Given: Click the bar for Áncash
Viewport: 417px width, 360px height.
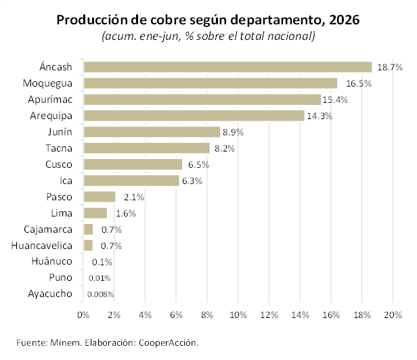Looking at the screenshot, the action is (x=228, y=67).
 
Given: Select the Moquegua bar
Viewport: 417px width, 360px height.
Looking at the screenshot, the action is (x=211, y=83).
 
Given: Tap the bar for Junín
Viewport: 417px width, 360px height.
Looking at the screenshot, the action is (x=152, y=132).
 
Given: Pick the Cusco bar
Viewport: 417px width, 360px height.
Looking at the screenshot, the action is (x=133, y=164).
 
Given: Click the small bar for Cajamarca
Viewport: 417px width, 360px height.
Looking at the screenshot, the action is (x=88, y=229).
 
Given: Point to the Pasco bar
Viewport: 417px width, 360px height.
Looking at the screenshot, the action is (x=100, y=197).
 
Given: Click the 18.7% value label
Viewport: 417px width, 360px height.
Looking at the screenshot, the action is (x=390, y=68).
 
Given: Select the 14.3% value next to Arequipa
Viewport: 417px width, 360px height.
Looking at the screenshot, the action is (x=320, y=116).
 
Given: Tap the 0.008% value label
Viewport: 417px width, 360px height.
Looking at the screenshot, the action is (x=100, y=294).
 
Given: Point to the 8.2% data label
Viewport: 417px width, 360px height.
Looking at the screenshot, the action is (x=225, y=149).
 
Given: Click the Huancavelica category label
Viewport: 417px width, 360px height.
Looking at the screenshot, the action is (x=42, y=246).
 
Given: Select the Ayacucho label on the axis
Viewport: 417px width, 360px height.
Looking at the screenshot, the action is (x=50, y=294).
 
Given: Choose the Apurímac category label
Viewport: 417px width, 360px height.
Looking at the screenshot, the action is (x=50, y=99).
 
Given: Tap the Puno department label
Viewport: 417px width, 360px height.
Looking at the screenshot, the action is (x=61, y=277).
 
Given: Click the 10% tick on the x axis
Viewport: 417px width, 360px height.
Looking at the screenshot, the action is (x=238, y=315).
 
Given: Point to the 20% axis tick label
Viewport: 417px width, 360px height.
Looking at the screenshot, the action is (x=393, y=315).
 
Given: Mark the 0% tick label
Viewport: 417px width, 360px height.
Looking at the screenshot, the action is (x=83, y=315).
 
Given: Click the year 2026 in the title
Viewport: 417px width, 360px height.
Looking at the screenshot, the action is (x=345, y=20).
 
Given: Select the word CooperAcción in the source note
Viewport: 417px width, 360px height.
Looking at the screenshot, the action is (x=169, y=342).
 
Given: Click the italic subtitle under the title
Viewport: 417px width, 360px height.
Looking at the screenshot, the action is (x=208, y=36).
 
